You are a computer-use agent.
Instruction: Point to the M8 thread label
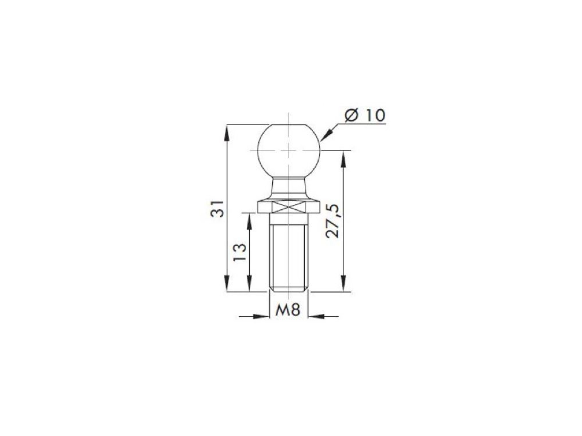tap(288, 310)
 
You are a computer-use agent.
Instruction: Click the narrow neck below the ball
tap(289, 187)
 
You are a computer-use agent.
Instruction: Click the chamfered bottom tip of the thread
tap(289, 290)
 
